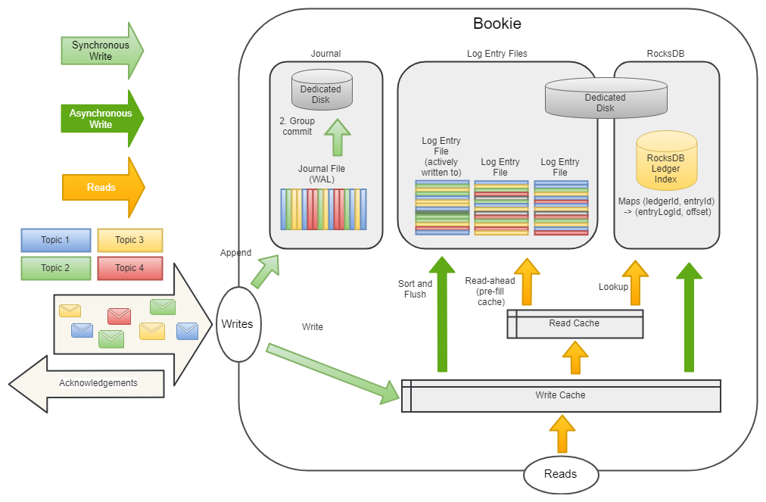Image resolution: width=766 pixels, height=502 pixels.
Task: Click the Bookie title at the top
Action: coord(497,23)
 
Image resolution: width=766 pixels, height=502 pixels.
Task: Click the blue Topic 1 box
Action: coord(55,240)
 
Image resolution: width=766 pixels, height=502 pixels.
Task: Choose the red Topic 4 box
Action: coord(130,268)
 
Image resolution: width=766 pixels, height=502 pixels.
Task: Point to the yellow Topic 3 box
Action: coord(130,240)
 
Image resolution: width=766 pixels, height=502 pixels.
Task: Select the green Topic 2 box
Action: coord(55,268)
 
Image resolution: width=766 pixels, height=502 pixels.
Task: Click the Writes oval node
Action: coord(237,324)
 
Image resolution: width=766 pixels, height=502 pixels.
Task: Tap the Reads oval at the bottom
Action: coord(560,475)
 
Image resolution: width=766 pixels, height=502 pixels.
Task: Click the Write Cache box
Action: coord(561,396)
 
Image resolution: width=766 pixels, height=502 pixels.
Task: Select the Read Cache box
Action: coord(574,324)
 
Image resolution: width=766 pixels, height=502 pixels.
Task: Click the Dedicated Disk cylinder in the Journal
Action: coord(322,89)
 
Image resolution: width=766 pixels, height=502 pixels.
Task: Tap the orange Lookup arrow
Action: coord(635,284)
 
